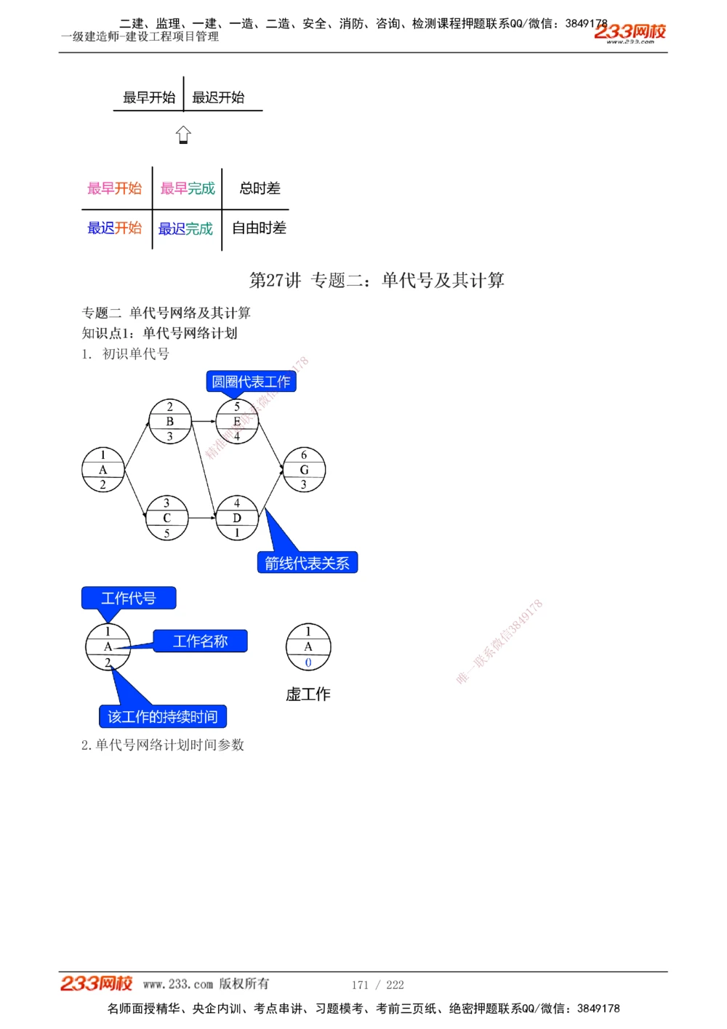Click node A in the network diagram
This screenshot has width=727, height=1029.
pos(103,470)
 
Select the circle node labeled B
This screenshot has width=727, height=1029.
pos(169,421)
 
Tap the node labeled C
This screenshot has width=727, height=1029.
pos(166,518)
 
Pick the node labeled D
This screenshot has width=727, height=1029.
pos(237,518)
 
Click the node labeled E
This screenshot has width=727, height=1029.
pos(237,421)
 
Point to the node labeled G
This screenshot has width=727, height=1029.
pos(304,470)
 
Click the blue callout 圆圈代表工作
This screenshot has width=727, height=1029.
pos(251,381)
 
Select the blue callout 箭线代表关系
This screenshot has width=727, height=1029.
pos(307,563)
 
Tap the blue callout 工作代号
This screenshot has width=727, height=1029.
pos(129,598)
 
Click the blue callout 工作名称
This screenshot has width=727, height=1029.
pos(200,641)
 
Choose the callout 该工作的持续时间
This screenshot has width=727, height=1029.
pos(163,717)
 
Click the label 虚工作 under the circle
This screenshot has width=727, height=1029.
pos(308,694)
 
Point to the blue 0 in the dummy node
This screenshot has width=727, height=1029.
pos(308,662)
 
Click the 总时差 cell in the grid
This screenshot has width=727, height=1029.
pos(260,188)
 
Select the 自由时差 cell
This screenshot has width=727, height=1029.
pos(260,228)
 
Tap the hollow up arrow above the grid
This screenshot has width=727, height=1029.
pos(183,135)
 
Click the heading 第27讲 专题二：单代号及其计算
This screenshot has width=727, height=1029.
pos(377,280)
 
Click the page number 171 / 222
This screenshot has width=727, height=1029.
pos(377,985)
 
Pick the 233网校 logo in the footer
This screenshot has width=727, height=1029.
pos(96,984)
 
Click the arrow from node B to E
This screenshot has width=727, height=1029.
pos(203,421)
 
